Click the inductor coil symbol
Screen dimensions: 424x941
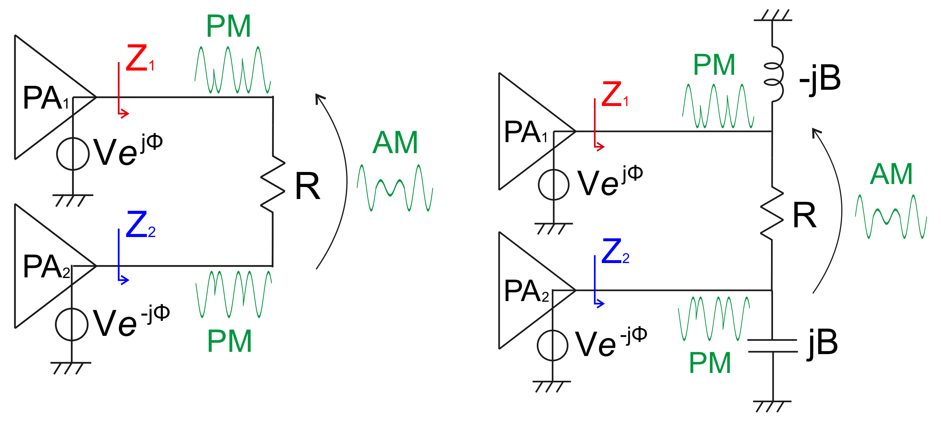click(x=774, y=73)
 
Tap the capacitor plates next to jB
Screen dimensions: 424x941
click(x=773, y=346)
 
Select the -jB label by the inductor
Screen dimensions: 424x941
click(x=820, y=79)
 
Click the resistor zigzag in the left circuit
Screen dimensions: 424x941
click(x=273, y=184)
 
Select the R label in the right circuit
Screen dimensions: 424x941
click(x=805, y=216)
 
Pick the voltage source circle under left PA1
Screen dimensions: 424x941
click(x=73, y=154)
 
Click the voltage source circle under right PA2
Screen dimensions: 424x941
click(x=552, y=345)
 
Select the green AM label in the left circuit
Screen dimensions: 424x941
click(x=395, y=143)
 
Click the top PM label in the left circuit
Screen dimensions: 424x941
click(x=229, y=26)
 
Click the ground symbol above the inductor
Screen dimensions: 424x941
click(x=773, y=17)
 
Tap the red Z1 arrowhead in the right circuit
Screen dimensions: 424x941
click(x=600, y=147)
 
